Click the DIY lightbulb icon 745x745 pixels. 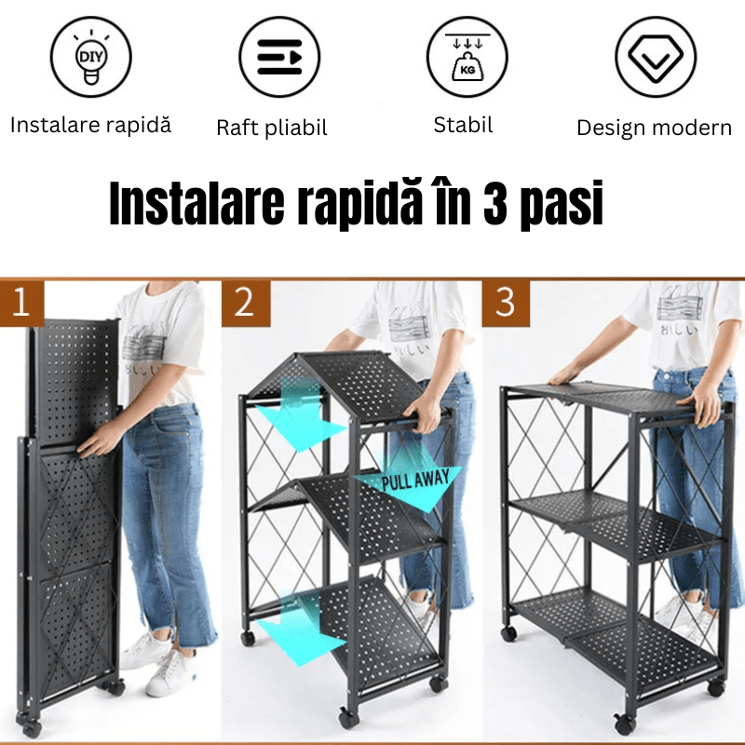click(x=90, y=57)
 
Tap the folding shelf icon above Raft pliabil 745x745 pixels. click(x=279, y=57)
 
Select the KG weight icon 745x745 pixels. click(x=467, y=57)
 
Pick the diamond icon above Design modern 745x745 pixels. click(x=656, y=57)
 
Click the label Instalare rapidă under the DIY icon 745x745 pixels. click(x=90, y=126)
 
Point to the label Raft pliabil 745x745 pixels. click(x=272, y=128)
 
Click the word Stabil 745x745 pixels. click(x=463, y=125)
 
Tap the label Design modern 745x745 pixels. click(x=654, y=128)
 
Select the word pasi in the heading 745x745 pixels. click(x=562, y=205)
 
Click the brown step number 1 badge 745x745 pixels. click(x=21, y=303)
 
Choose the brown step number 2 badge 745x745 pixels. click(x=244, y=303)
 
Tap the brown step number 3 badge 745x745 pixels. click(x=506, y=303)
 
